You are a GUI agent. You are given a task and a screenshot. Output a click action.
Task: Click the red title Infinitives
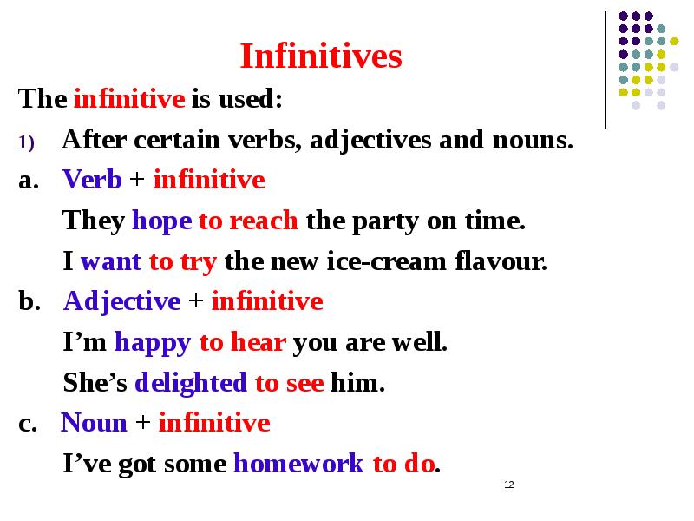321,57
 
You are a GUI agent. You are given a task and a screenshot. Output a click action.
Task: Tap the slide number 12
509,485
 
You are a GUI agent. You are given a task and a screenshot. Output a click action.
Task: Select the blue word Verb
93,180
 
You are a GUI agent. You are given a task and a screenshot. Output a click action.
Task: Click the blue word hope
161,221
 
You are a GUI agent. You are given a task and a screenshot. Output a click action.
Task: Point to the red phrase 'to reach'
250,221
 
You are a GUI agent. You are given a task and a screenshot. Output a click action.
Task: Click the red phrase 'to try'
185,261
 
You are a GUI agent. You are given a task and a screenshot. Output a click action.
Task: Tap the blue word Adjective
122,301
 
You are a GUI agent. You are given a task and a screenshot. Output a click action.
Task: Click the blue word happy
153,343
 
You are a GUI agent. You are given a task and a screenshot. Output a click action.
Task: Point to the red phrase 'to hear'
243,343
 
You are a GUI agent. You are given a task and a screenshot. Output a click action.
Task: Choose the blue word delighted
191,383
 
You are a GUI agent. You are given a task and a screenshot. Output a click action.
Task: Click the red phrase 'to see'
289,383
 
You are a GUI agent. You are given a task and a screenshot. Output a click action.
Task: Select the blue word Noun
95,423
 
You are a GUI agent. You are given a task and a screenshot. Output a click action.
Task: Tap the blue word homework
299,465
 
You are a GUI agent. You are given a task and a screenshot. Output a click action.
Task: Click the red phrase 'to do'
403,465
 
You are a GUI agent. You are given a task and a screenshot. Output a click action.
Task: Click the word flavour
507,261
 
